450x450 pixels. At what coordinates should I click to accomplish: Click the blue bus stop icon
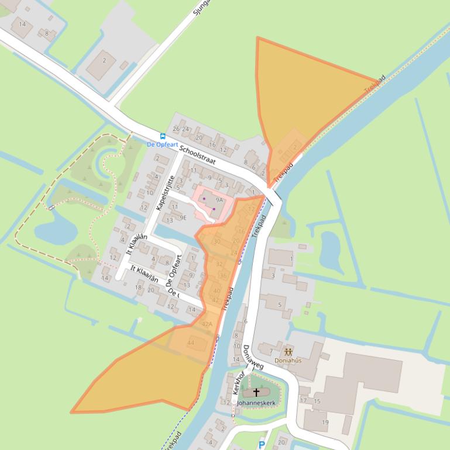click(x=163, y=137)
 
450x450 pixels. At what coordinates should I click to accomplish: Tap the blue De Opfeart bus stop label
click(x=162, y=144)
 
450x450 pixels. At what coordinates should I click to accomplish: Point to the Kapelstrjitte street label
click(x=165, y=193)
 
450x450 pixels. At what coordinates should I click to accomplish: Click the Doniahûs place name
click(x=288, y=361)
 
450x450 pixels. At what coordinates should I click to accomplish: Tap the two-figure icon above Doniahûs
click(x=288, y=351)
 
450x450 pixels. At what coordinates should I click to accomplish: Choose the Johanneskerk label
click(x=256, y=403)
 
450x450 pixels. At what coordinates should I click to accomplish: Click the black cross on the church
click(x=256, y=393)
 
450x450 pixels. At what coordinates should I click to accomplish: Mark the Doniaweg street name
click(x=253, y=356)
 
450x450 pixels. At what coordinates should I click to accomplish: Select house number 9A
click(x=219, y=200)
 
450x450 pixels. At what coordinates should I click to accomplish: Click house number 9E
click(x=183, y=217)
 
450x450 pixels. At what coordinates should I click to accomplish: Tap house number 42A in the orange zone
click(x=207, y=324)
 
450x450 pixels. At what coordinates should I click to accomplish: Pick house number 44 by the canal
click(x=190, y=343)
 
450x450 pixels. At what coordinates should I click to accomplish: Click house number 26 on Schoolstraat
click(x=176, y=129)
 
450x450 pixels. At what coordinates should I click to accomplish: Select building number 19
click(x=325, y=423)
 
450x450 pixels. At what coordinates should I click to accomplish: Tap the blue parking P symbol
click(x=262, y=445)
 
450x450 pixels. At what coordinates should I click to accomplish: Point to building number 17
click(x=303, y=401)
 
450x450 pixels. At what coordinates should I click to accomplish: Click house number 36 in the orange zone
click(x=223, y=276)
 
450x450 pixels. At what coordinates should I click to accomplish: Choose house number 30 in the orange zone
click(x=217, y=242)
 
